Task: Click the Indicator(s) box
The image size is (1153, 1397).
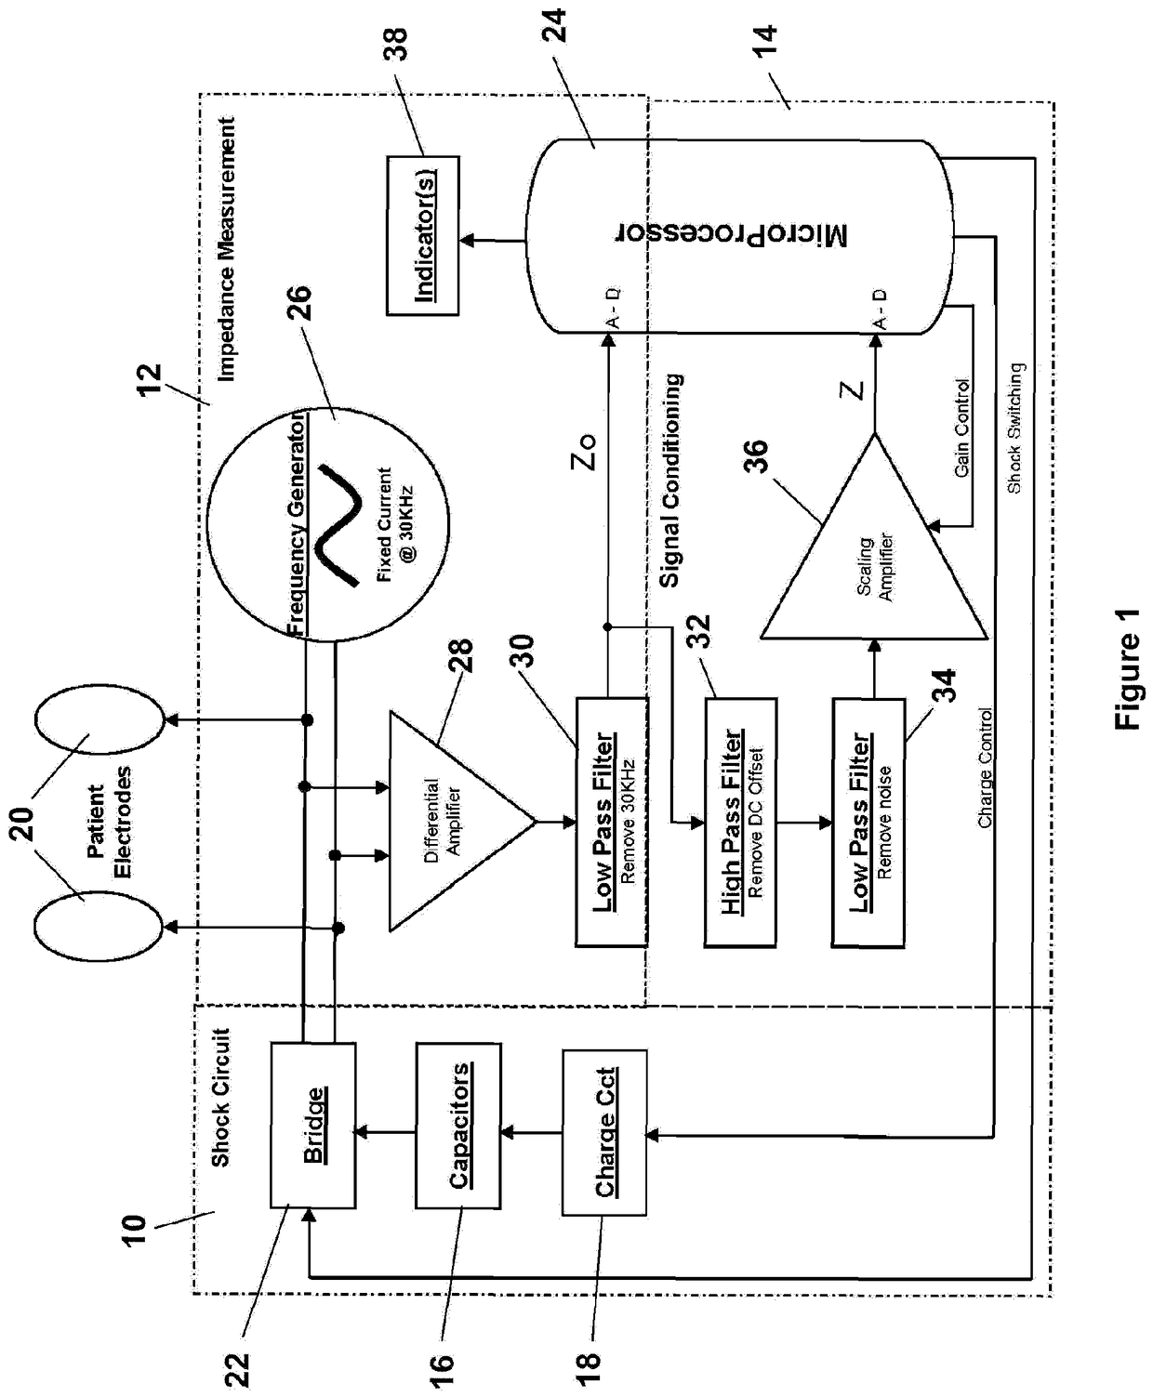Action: coord(423,235)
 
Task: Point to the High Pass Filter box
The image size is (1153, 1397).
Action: coord(740,823)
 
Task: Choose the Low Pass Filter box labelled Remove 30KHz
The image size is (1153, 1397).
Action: coord(612,822)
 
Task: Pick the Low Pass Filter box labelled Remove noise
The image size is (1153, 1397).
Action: coord(868,823)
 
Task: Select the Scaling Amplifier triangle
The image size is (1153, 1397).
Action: coord(874,536)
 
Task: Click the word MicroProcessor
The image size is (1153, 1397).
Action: coord(731,235)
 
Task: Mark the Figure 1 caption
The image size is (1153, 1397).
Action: coord(1127,669)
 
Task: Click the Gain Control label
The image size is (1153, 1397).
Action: coord(961,428)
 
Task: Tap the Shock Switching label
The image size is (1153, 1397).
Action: coord(1015,428)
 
